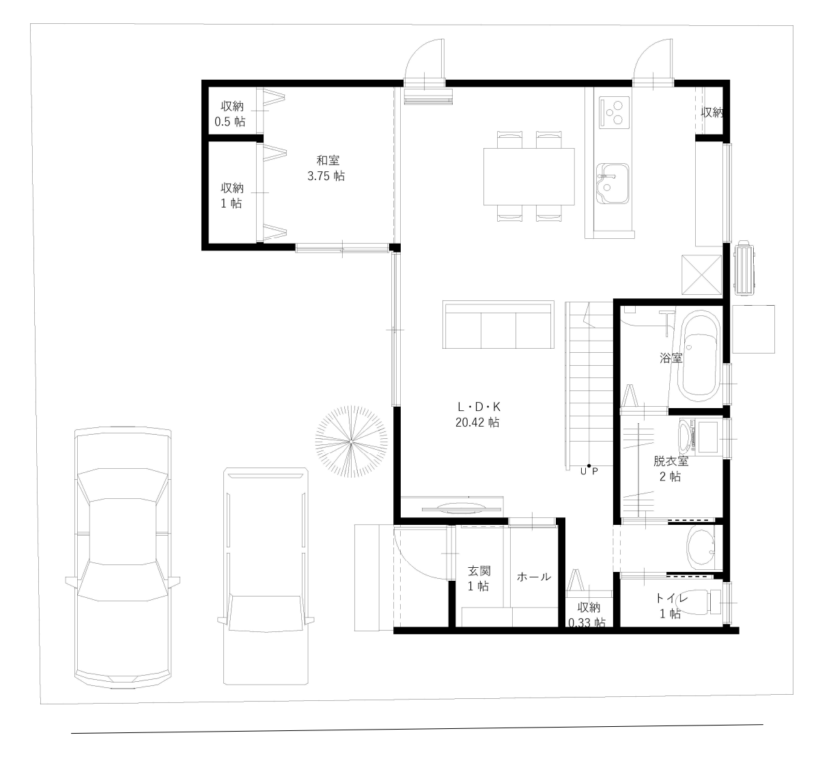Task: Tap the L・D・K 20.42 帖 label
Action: pos(477,414)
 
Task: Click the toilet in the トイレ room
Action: pos(717,603)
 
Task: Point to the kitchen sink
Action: pos(612,184)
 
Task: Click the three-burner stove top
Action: pos(614,113)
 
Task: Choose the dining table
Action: pos(529,177)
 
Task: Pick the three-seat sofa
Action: pos(498,324)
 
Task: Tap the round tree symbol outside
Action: pos(350,443)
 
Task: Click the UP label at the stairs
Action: pos(589,471)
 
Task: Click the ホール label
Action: pos(533,577)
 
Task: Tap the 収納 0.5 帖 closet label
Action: pos(231,114)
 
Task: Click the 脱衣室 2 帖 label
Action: pos(670,469)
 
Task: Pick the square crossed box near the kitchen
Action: pos(701,274)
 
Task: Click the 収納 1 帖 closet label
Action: pos(231,195)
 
